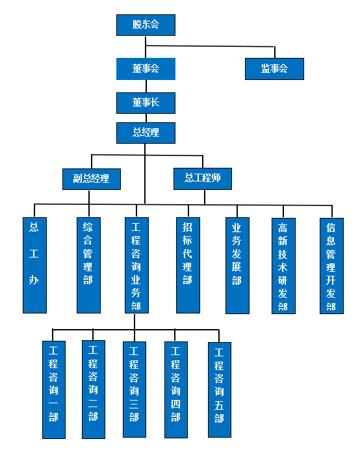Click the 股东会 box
[146, 25]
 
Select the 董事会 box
[146, 69]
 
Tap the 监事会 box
[274, 69]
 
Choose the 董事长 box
[146, 103]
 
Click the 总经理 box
[146, 133]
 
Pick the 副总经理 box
[92, 179]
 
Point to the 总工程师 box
[203, 179]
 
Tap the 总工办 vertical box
[34, 265]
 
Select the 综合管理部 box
[89, 265]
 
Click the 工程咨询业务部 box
[137, 265]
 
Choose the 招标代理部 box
[188, 265]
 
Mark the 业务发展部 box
[237, 265]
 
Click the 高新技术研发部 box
[284, 266]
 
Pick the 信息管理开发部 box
[332, 266]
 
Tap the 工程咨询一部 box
[54, 390]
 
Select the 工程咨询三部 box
[135, 390]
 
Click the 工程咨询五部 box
[220, 390]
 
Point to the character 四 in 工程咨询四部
[175, 404]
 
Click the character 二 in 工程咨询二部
[93, 403]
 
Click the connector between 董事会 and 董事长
[146, 86]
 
